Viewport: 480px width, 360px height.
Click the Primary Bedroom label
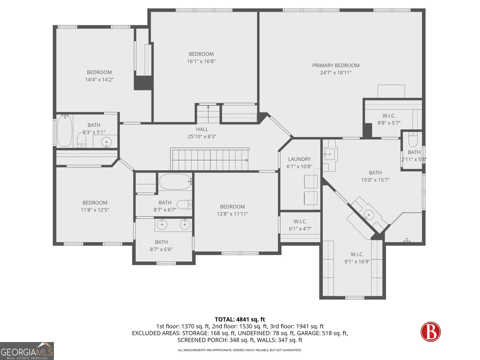pyautogui.click(x=336, y=65)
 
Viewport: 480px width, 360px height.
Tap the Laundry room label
pyautogui.click(x=299, y=159)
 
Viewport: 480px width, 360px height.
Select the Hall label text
pyautogui.click(x=202, y=129)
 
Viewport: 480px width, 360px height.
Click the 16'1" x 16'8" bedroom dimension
pyautogui.click(x=201, y=61)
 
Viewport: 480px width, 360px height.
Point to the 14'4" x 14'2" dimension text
pyautogui.click(x=99, y=79)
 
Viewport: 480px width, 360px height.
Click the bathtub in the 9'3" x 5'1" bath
pyautogui.click(x=65, y=131)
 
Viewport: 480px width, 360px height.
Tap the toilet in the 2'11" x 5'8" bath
pyautogui.click(x=413, y=139)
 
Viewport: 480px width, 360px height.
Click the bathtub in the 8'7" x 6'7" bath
pyautogui.click(x=175, y=181)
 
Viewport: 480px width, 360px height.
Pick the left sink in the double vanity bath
pyautogui.click(x=162, y=224)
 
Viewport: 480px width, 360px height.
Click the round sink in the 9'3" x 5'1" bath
pyautogui.click(x=106, y=142)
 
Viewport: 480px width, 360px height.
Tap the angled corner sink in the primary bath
pyautogui.click(x=369, y=215)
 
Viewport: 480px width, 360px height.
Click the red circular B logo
pyautogui.click(x=430, y=331)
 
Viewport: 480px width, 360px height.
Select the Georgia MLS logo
pyautogui.click(x=27, y=351)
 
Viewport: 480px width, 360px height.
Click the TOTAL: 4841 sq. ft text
pyautogui.click(x=240, y=319)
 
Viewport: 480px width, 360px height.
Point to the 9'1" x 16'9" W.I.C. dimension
pyautogui.click(x=357, y=262)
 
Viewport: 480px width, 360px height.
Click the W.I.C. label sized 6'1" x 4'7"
pyautogui.click(x=300, y=221)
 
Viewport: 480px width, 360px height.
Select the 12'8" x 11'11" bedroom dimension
pyautogui.click(x=232, y=214)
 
